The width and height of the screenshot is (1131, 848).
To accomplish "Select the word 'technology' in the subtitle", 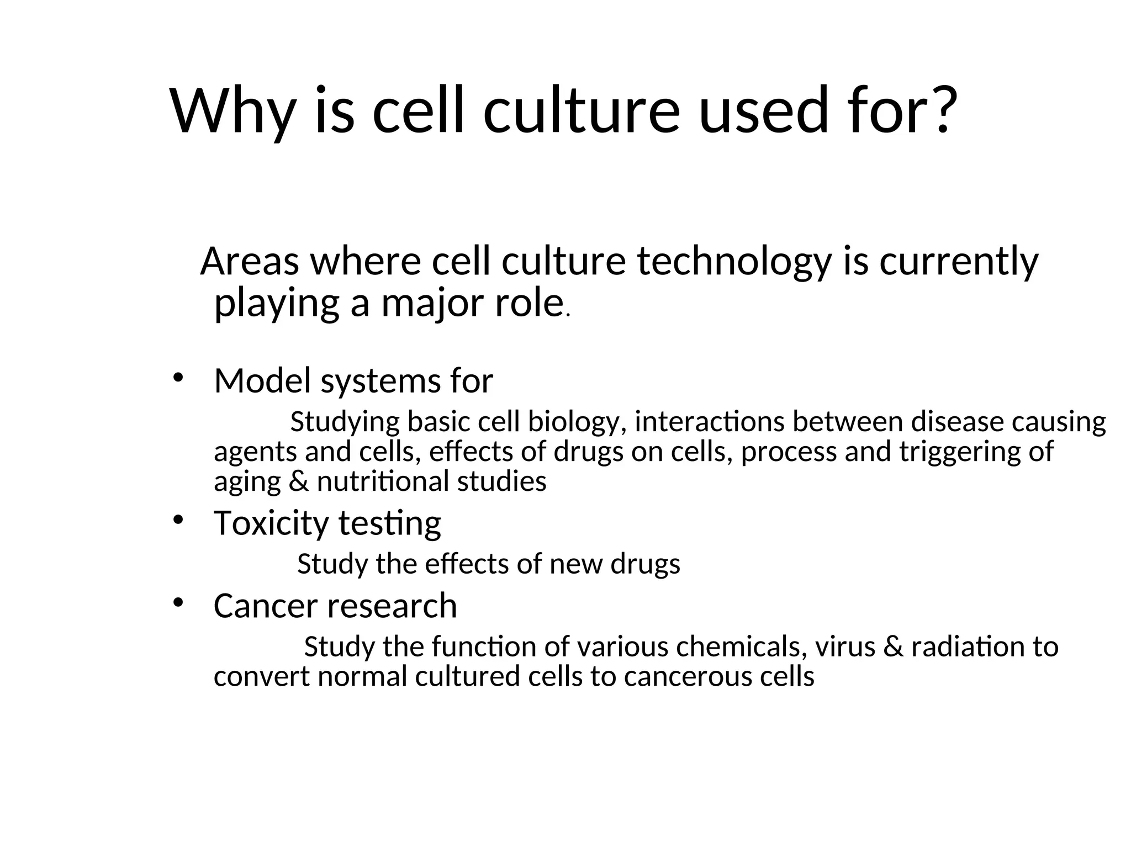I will click(734, 262).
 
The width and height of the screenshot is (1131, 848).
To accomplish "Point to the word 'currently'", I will click(959, 262).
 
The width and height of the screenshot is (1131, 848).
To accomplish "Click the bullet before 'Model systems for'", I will click(177, 378).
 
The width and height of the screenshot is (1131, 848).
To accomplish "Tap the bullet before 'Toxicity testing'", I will click(177, 520).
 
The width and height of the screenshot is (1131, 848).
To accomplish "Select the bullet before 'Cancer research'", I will click(177, 603).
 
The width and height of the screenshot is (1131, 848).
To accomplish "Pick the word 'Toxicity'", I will click(271, 523).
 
